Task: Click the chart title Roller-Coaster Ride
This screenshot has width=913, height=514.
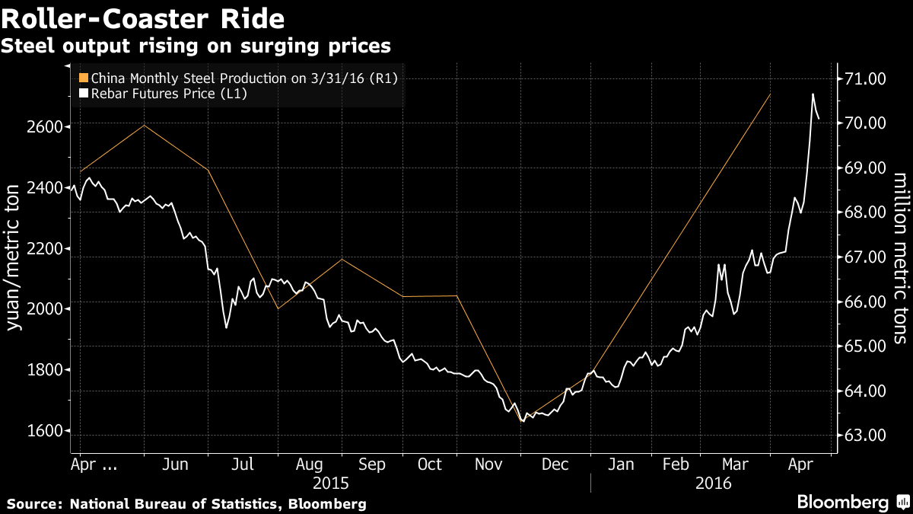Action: tap(143, 19)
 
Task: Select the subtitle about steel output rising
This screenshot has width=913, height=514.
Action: tap(196, 46)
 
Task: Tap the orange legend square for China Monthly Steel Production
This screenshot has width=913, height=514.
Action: tap(84, 78)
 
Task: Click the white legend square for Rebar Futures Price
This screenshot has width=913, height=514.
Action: tap(84, 94)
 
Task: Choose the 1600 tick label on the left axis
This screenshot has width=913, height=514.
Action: tap(44, 431)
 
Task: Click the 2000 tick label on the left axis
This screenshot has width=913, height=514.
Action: tap(44, 309)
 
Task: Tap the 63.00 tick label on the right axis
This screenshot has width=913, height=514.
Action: tap(865, 436)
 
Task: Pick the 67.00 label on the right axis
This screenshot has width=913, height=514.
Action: tap(865, 257)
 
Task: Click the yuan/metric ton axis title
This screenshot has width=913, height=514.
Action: tap(12, 257)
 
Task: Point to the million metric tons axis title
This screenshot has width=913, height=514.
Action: tap(901, 258)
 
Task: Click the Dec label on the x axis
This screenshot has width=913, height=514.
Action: tap(555, 465)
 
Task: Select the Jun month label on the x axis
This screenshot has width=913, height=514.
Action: tap(175, 465)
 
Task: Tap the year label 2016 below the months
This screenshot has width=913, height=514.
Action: tap(714, 484)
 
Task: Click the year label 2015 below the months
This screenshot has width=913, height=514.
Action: tap(330, 484)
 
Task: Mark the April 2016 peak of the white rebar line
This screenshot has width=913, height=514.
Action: tap(813, 94)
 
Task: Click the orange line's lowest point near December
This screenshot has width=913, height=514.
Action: tap(521, 421)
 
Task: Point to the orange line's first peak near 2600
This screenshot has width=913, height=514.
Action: tap(145, 125)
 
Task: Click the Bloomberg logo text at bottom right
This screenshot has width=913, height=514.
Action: tap(843, 502)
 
